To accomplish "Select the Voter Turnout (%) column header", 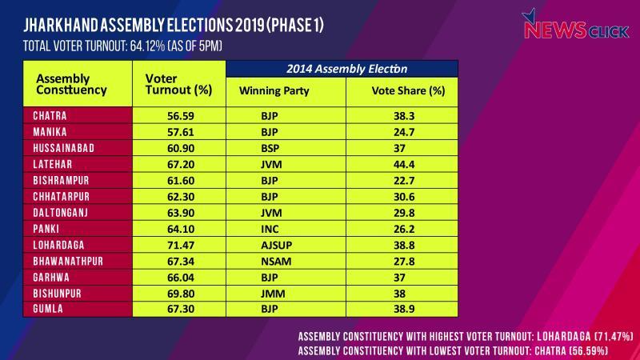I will coord(178,84).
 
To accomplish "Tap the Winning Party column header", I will coord(274,90).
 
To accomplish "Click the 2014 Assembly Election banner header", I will coord(342,68).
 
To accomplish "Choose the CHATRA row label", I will coord(50,115).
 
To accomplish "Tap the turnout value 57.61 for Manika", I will coord(178,131).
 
